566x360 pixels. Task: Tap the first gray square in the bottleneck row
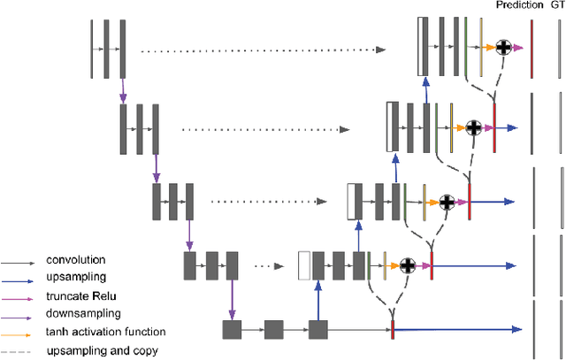click(232, 330)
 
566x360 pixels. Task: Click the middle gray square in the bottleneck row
click(273, 330)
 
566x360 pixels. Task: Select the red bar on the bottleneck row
click(392, 330)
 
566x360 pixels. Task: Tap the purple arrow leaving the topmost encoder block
click(122, 87)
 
